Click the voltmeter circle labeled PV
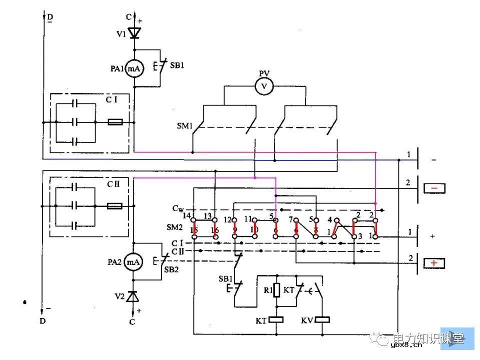click(264, 86)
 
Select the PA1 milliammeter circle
click(134, 69)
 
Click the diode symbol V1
click(134, 33)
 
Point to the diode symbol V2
click(133, 296)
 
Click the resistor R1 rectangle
click(276, 290)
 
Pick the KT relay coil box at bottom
click(276, 319)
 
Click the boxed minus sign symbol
click(434, 188)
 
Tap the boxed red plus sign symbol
click(434, 263)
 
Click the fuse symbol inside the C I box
click(116, 122)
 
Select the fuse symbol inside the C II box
click(116, 205)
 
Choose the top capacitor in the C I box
click(75, 103)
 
